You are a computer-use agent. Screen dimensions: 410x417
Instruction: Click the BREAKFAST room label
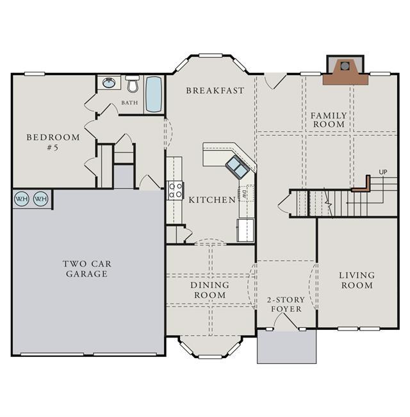click(x=215, y=91)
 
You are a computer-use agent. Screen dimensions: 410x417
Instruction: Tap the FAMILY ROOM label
click(x=329, y=120)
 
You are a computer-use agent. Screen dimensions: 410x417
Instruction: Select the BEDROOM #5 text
click(x=53, y=142)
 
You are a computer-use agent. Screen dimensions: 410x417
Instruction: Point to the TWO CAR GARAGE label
click(x=87, y=269)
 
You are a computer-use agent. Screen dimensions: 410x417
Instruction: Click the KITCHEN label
click(x=212, y=200)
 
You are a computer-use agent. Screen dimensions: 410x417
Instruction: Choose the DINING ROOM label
click(x=209, y=290)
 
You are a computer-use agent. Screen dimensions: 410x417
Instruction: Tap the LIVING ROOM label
click(x=357, y=281)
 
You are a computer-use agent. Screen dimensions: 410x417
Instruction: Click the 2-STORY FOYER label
click(x=286, y=304)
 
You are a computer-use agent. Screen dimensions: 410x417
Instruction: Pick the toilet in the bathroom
click(x=133, y=83)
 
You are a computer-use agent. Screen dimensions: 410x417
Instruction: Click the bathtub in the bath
click(x=154, y=94)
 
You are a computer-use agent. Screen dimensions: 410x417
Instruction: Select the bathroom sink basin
click(x=109, y=83)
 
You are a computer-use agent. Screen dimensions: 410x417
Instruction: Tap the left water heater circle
click(x=22, y=199)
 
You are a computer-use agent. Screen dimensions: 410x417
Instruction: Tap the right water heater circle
click(x=41, y=199)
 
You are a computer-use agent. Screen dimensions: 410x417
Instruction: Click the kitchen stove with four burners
click(x=176, y=190)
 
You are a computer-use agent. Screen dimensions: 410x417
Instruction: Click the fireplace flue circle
click(x=345, y=66)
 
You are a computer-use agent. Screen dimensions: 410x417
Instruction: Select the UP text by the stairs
click(x=383, y=172)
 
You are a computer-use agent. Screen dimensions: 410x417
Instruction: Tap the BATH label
click(x=130, y=102)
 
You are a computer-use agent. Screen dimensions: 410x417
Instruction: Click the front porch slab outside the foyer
click(x=286, y=347)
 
